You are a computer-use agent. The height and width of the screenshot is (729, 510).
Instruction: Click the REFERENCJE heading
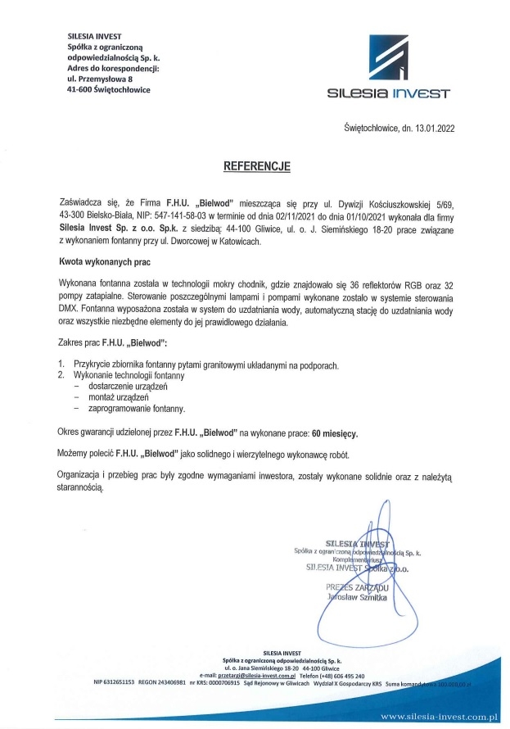257,165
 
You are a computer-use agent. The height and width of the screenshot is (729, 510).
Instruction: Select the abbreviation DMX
71,311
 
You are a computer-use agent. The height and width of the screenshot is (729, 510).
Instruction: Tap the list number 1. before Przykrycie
61,363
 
